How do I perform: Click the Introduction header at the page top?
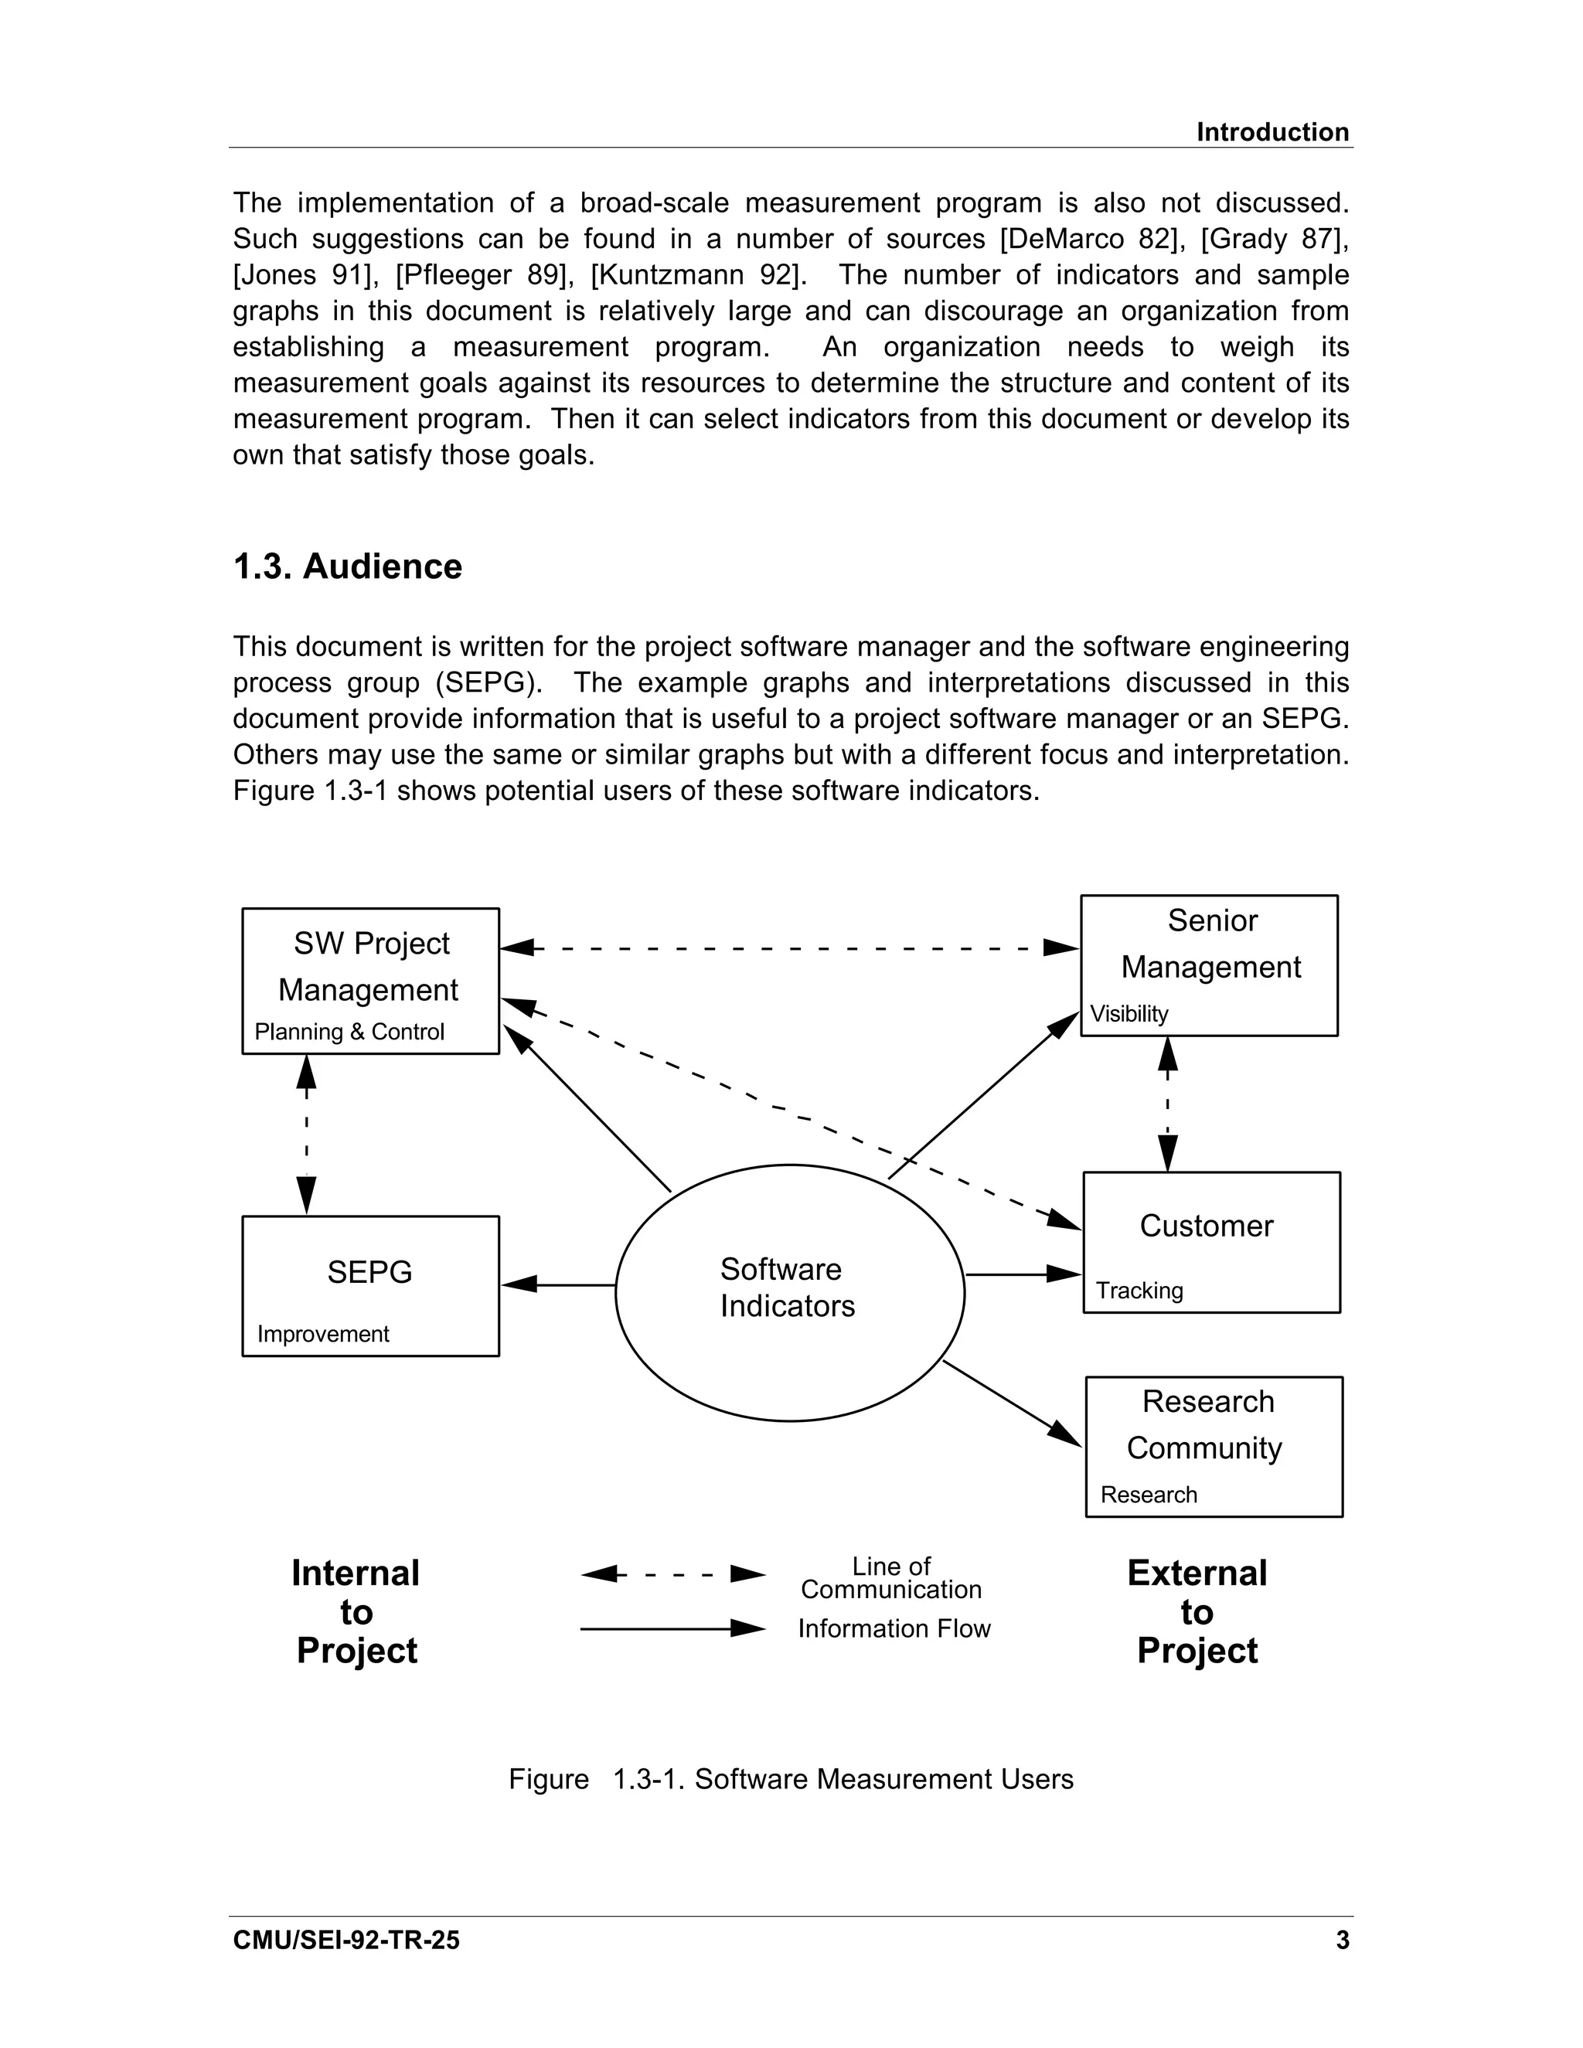point(1272,132)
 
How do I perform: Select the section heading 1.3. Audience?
point(347,566)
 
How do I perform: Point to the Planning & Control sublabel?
point(349,1032)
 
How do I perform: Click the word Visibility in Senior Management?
point(1129,1014)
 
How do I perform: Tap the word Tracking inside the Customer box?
point(1139,1291)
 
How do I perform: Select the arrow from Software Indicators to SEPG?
point(559,1284)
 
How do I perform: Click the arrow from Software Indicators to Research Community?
point(1013,1403)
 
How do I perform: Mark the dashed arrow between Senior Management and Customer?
point(1168,1104)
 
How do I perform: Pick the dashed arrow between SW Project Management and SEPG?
point(307,1135)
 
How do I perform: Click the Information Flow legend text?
point(894,1629)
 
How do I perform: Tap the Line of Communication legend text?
point(891,1578)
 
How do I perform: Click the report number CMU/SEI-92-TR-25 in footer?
point(346,1940)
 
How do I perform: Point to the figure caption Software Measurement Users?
point(883,1779)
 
